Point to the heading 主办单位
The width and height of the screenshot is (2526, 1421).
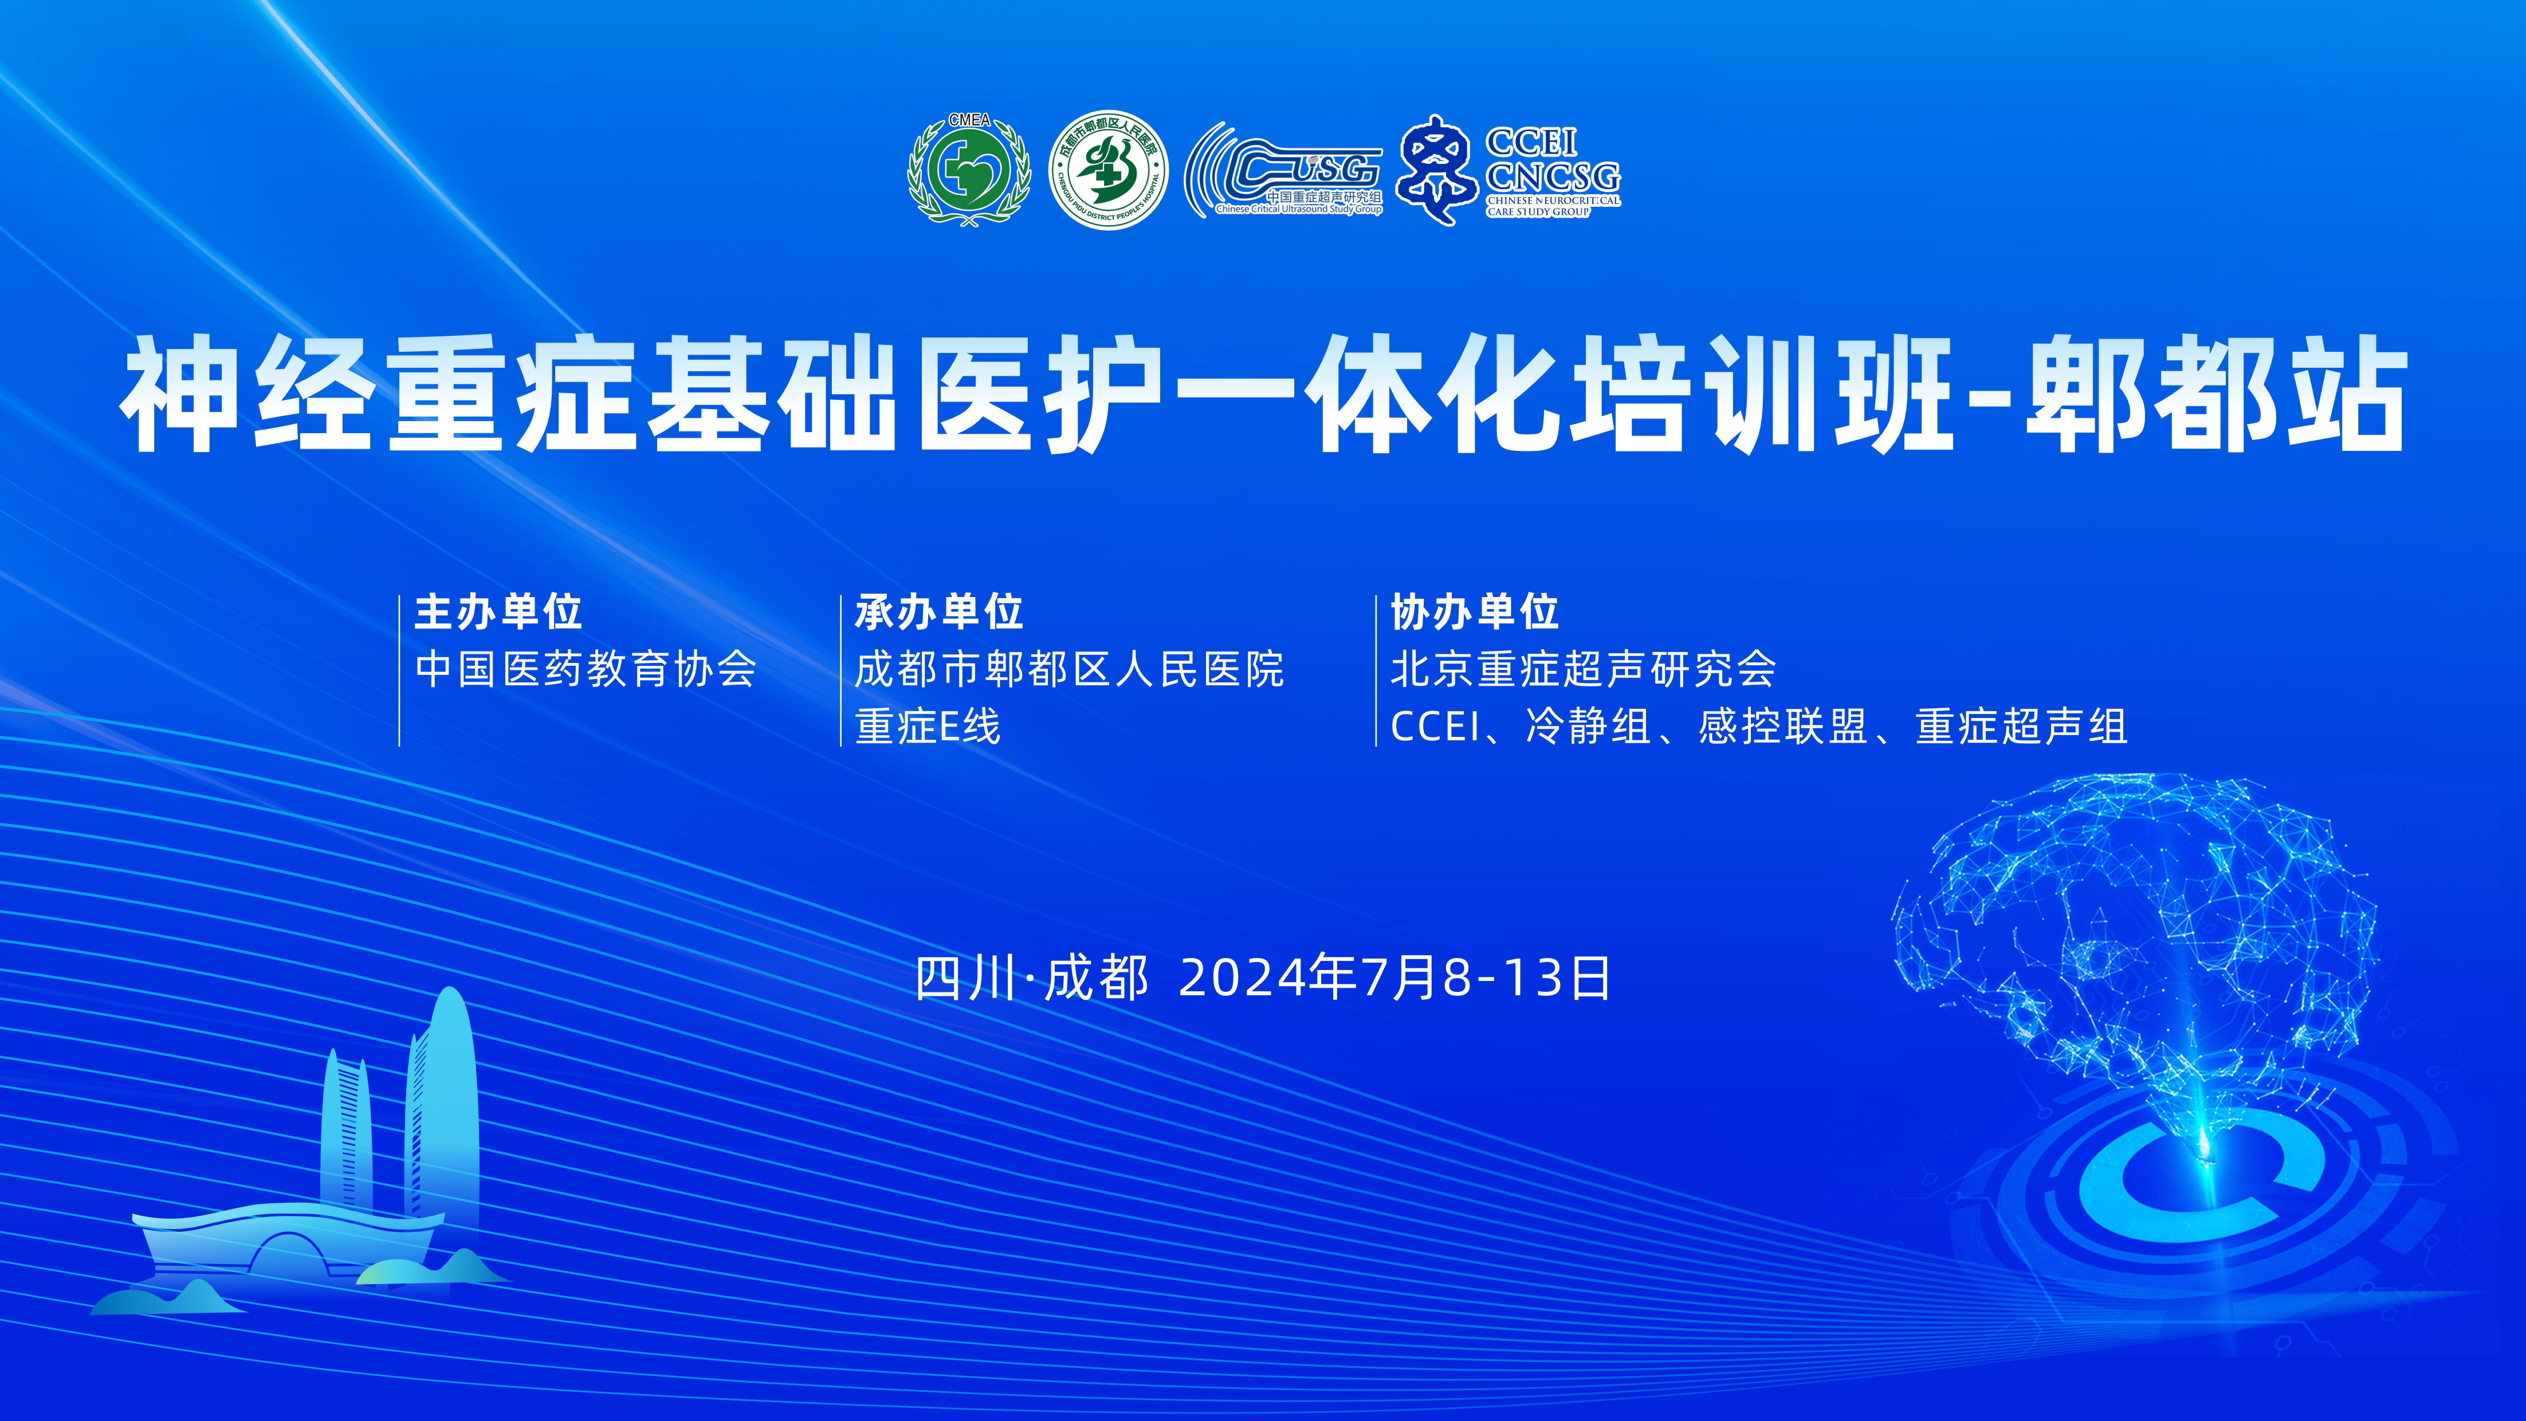tap(498, 612)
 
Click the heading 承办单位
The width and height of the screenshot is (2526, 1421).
tap(938, 612)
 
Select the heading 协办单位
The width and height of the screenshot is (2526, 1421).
tap(1474, 612)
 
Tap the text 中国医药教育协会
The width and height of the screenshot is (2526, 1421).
tap(586, 670)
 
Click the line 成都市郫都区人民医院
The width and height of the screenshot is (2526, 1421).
tap(1069, 670)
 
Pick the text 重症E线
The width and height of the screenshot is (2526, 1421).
tap(928, 727)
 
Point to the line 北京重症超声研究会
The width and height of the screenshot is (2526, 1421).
tap(1582, 670)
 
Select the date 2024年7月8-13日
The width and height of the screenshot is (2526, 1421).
tap(1394, 978)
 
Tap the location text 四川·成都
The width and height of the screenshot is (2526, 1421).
tap(1032, 978)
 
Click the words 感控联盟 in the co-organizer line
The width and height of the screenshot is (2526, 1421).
tap(1783, 727)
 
